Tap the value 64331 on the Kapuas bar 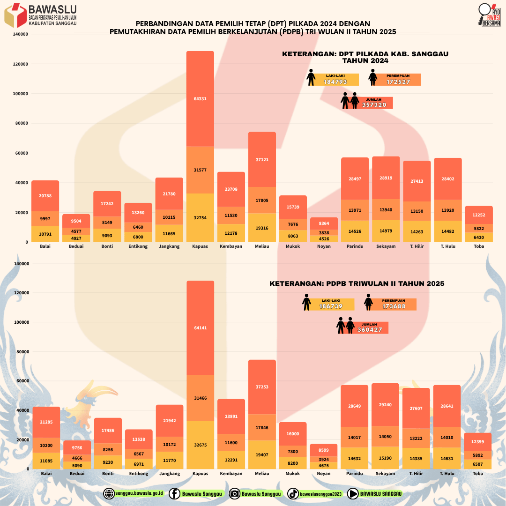pos(200,99)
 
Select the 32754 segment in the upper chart pos(200,218)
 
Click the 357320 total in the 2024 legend pos(375,105)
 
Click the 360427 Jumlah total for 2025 pos(370,330)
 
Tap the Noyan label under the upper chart pos(324,246)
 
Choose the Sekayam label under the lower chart pos(386,474)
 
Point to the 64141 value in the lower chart pos(200,328)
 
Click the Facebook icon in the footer pos(174,493)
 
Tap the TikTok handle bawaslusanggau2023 pos(321,494)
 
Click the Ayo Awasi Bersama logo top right pos(490,15)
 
